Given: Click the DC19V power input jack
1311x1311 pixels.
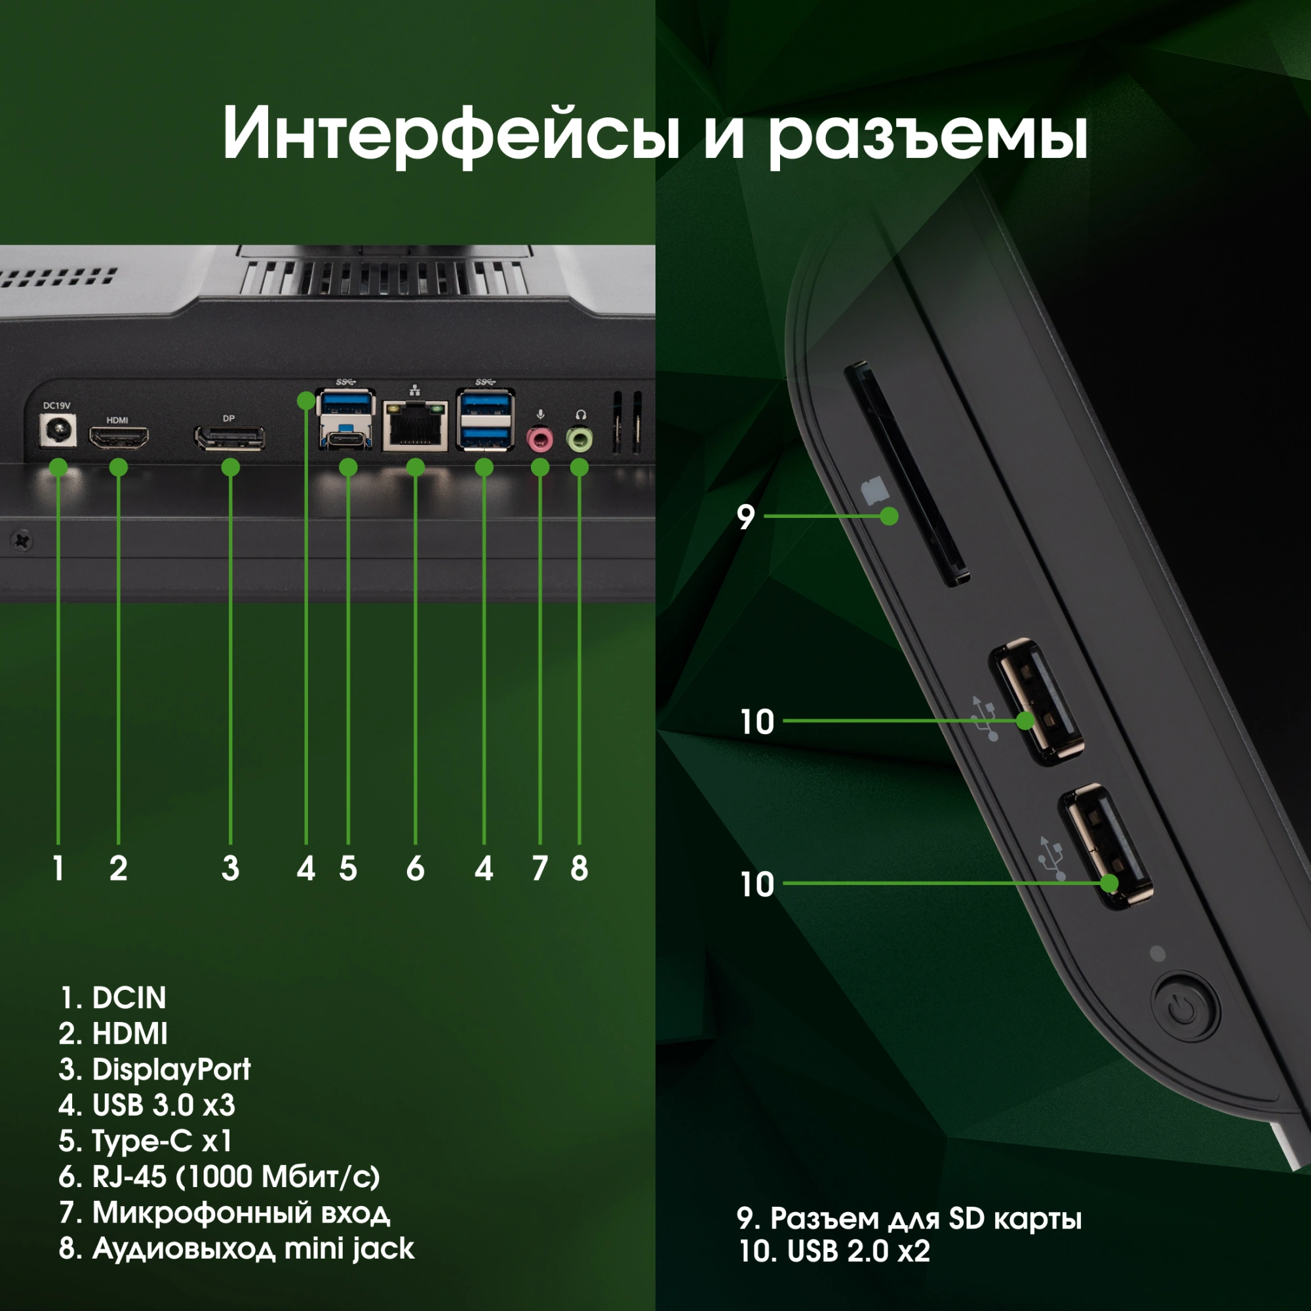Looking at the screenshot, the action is tap(58, 430).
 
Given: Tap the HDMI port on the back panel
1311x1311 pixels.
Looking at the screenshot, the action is tap(119, 439).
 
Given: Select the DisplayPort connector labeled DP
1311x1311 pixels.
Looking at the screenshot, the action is tap(230, 439).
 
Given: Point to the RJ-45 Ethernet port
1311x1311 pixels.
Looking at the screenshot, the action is tap(416, 425).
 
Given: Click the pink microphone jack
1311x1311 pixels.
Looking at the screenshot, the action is tap(539, 439).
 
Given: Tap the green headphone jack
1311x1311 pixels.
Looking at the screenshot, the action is tap(579, 439).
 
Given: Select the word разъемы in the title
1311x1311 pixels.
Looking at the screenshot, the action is tap(928, 136).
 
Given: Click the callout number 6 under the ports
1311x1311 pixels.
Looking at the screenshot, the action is tap(416, 869).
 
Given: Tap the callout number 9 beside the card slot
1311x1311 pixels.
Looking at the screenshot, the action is tap(746, 517).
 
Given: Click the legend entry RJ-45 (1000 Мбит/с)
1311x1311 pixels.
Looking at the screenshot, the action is tap(219, 1177).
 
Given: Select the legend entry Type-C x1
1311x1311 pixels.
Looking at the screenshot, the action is tap(146, 1141).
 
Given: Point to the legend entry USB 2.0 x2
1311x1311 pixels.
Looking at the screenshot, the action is tap(834, 1251).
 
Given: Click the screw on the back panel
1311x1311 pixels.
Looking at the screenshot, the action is tap(22, 541).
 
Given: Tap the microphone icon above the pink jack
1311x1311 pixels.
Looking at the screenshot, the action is tap(540, 414).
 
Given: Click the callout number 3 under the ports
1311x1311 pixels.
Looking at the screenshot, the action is tap(230, 869).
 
